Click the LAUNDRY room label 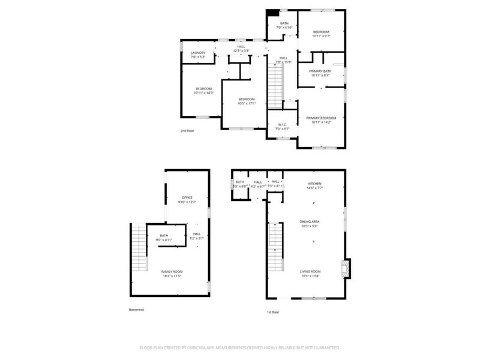pos(198,53)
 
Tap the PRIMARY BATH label pos(321,71)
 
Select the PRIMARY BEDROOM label pos(321,118)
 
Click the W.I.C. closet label pos(282,125)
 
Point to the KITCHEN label pos(315,184)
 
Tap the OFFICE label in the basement pos(187,197)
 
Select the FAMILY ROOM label pos(172,272)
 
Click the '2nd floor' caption pos(187,130)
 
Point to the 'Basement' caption pos(137,310)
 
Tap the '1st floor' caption pos(273,312)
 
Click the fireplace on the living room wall pos(346,269)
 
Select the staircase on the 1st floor pos(275,247)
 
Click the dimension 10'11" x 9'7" pos(321,36)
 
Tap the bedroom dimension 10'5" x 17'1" pos(247,103)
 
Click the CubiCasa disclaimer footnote pos(240,347)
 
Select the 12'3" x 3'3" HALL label pos(241,50)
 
